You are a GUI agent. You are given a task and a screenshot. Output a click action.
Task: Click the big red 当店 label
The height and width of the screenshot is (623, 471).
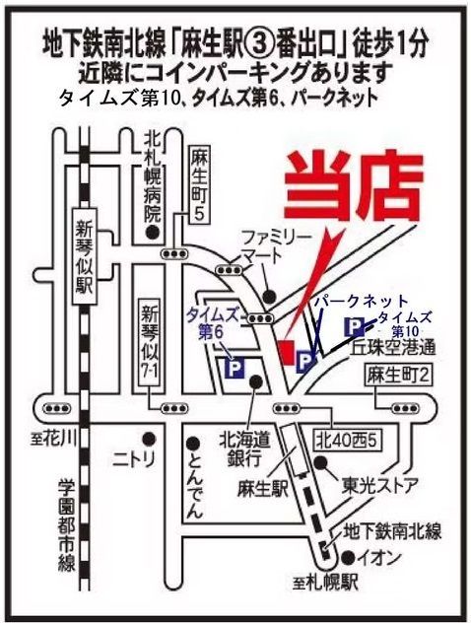click(x=353, y=185)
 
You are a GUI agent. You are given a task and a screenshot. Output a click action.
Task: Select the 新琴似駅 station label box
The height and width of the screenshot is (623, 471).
click(x=84, y=257)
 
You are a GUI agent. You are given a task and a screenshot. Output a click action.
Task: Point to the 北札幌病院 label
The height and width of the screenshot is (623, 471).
click(x=152, y=176)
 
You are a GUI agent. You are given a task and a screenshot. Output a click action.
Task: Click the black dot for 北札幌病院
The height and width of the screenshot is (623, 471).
click(x=152, y=232)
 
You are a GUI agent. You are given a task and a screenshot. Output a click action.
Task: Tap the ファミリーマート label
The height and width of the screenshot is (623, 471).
click(x=272, y=246)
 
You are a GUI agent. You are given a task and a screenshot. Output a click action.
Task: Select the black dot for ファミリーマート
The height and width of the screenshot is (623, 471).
click(x=270, y=295)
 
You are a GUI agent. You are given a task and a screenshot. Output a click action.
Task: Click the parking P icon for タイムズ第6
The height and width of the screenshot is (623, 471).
click(x=235, y=368)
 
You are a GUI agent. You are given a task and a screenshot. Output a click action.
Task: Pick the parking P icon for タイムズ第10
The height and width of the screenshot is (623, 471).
click(x=355, y=327)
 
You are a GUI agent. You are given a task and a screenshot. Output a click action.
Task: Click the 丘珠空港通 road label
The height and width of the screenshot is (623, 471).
click(x=392, y=348)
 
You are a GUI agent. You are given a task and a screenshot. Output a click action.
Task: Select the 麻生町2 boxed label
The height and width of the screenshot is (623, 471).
click(x=398, y=375)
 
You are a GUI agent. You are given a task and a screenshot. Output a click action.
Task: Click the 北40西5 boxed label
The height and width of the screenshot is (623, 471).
click(x=348, y=440)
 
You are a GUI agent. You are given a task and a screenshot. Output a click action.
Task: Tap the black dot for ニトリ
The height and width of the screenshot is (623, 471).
click(x=149, y=439)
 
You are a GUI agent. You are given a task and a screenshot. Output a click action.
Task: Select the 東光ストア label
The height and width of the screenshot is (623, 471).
click(x=380, y=485)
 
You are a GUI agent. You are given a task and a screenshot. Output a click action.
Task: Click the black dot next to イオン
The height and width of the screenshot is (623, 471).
click(x=349, y=558)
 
